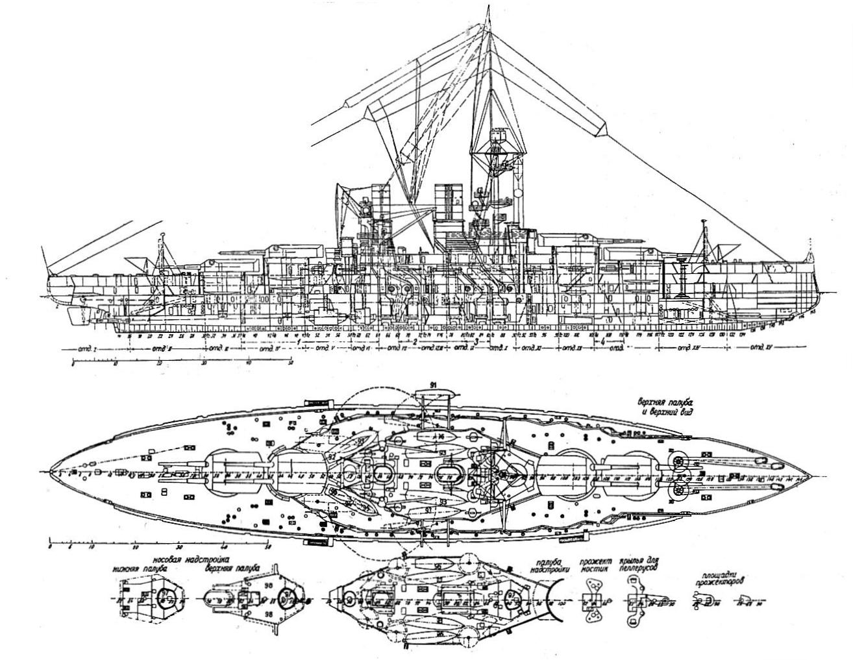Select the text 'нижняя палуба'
(x=140, y=568)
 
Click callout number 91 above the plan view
(x=433, y=384)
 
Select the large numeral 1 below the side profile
(x=299, y=341)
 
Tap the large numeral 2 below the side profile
(x=414, y=341)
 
